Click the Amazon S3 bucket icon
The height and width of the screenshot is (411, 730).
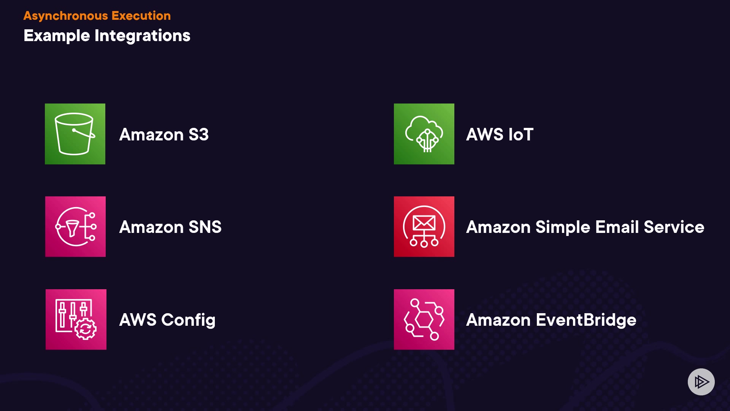point(75,134)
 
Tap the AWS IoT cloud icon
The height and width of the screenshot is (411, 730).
point(424,134)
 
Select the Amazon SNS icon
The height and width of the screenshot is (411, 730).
point(75,227)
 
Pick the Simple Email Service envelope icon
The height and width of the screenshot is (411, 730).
point(424,227)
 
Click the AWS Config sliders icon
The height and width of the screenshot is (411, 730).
point(76,319)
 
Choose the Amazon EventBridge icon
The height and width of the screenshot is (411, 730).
point(424,319)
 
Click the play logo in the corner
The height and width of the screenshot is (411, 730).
point(701,382)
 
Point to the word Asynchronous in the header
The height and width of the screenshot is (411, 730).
point(66,16)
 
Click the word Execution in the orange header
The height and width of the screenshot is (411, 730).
point(141,16)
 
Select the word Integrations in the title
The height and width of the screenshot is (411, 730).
point(142,36)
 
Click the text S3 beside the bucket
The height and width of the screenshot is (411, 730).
point(198,135)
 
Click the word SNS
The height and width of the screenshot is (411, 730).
point(205,227)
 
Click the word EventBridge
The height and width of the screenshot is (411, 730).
point(586,320)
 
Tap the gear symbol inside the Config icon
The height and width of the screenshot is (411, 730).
point(86,329)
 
